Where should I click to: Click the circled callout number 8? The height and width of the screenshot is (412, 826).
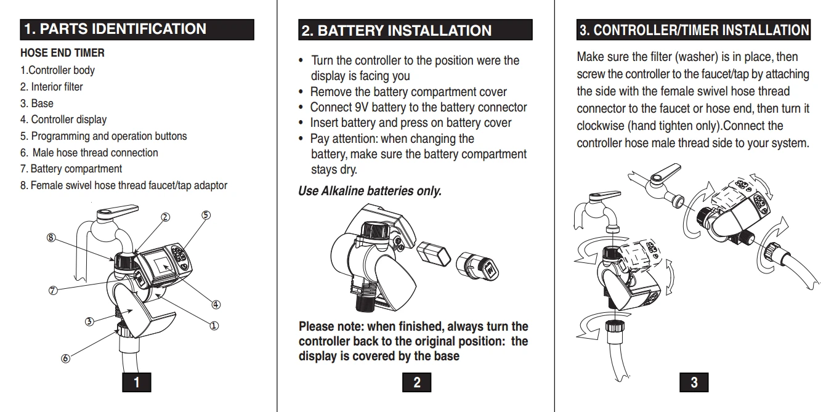pos(51,238)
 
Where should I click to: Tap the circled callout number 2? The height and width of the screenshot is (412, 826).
pos(166,217)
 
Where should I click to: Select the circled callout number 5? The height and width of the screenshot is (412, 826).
pos(206,215)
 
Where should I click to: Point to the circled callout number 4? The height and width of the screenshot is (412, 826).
pos(216,305)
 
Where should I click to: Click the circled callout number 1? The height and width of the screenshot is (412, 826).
pos(214,326)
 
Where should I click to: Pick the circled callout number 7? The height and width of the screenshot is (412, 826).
pos(53,291)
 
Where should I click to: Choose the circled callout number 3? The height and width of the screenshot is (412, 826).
pos(89,321)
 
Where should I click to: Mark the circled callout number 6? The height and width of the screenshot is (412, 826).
pos(65,358)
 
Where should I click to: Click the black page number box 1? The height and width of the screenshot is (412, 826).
pos(137,382)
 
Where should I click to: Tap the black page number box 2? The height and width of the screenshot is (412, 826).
pos(416,382)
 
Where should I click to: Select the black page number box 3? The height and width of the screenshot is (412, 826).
pos(694,382)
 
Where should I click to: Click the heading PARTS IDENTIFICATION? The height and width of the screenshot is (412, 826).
pos(123,29)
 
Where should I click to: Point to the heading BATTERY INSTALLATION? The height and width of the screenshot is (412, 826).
pos(405,31)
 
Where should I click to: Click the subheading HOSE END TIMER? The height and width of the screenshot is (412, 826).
pos(62,53)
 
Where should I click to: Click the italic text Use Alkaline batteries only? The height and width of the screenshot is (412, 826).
pos(370,191)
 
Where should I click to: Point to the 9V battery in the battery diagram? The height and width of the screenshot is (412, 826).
pos(434,253)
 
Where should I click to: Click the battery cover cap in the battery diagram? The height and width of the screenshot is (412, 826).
pos(477,266)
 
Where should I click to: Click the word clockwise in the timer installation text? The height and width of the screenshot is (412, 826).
pos(601,126)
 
